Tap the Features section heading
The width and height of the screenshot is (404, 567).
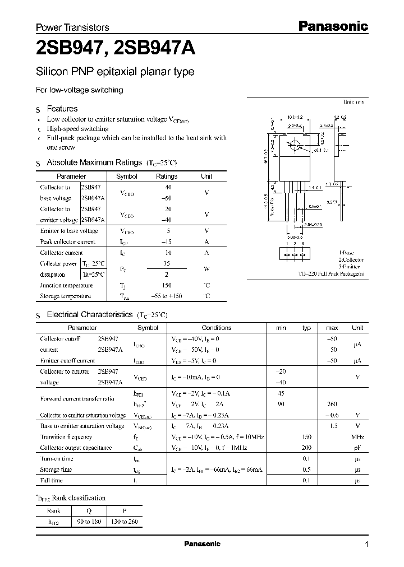click(x=62, y=109)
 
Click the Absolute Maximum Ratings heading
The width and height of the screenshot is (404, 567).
click(x=94, y=162)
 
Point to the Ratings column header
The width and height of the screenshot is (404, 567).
click(x=166, y=176)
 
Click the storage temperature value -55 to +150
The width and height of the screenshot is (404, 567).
click(x=167, y=296)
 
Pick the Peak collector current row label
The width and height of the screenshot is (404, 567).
click(x=67, y=241)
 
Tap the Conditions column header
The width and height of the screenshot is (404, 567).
click(x=216, y=328)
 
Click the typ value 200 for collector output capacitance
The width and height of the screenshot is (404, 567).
click(x=306, y=448)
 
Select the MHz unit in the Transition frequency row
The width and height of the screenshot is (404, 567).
click(x=357, y=437)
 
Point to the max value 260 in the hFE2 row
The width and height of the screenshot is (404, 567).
click(x=332, y=404)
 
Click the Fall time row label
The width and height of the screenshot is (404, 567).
click(x=52, y=480)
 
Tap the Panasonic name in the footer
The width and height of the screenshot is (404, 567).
click(x=203, y=544)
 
